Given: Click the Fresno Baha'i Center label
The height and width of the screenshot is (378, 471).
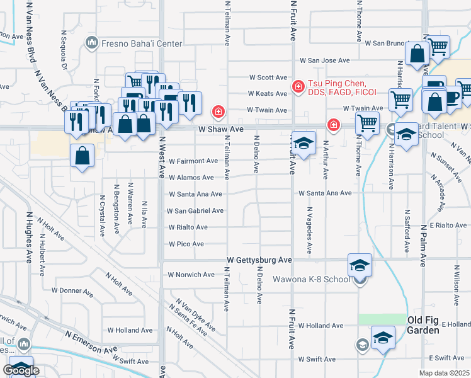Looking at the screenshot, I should [142, 43].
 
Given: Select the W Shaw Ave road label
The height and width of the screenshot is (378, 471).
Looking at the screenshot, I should [220, 129].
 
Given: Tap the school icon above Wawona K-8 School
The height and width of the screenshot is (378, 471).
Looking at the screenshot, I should [360, 265].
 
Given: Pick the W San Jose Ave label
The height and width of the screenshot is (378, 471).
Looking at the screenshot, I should [324, 60].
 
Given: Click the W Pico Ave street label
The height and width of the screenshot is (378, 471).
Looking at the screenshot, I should [186, 244].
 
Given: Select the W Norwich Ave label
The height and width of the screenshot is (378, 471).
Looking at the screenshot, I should [191, 275].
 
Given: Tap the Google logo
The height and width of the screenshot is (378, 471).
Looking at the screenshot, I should [22, 370].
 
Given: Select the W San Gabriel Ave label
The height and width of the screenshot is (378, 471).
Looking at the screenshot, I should [195, 210].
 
